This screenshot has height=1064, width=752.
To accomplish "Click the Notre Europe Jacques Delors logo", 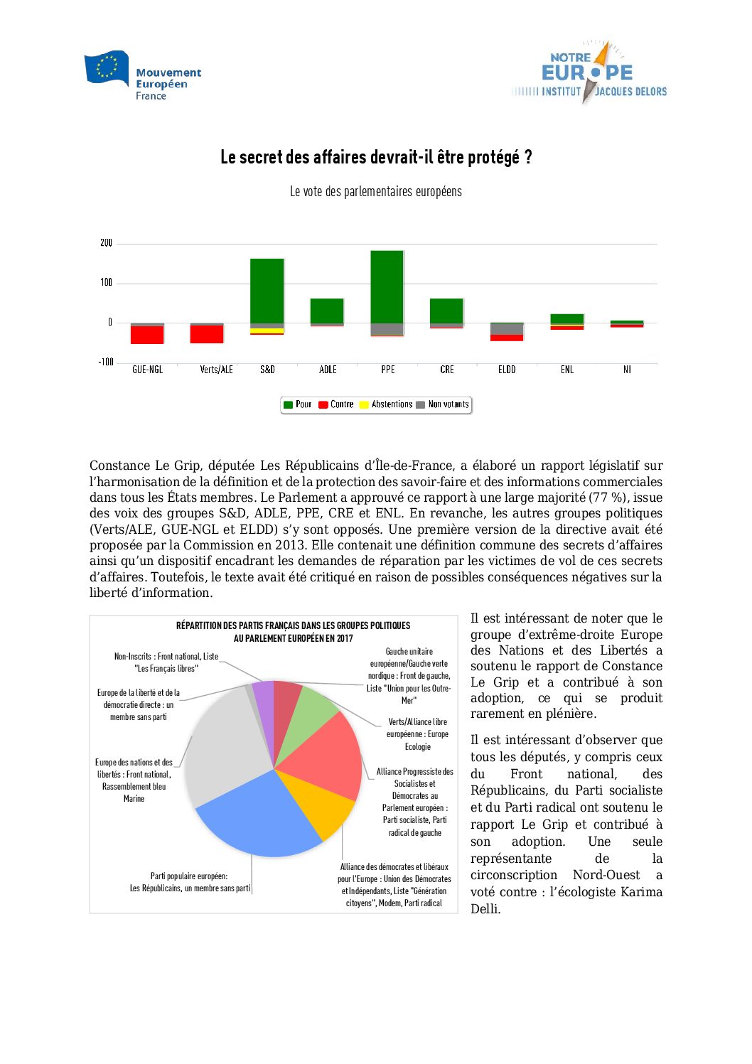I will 589,74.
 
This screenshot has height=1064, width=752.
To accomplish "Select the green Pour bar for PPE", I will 387,286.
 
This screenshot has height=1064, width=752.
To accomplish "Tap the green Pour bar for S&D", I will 267,291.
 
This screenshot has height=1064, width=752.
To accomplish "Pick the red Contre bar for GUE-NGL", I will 147,335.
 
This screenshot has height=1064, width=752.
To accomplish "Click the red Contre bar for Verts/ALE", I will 207,334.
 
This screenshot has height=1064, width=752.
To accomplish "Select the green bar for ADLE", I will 327,311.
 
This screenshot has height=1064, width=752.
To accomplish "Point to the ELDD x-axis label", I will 507,370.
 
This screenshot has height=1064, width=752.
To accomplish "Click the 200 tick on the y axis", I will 106,243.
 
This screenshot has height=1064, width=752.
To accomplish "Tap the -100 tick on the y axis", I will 105,362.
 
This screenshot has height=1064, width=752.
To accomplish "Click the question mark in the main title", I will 528,157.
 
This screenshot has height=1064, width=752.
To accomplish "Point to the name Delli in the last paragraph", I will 485,909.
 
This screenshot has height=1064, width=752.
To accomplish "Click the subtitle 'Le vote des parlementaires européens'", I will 376,191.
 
